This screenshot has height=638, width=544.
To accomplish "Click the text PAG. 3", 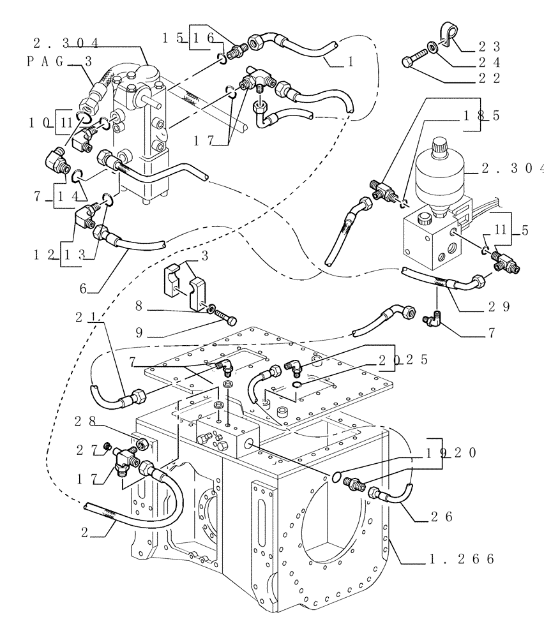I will click(x=56, y=61).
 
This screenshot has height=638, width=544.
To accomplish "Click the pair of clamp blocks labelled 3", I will click(x=186, y=286).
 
